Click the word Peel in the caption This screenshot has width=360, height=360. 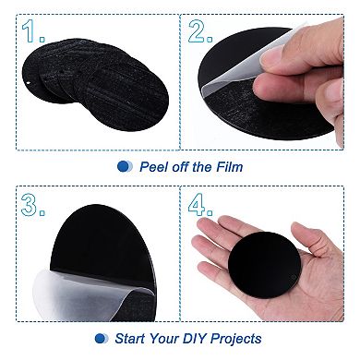pos(154,167)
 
